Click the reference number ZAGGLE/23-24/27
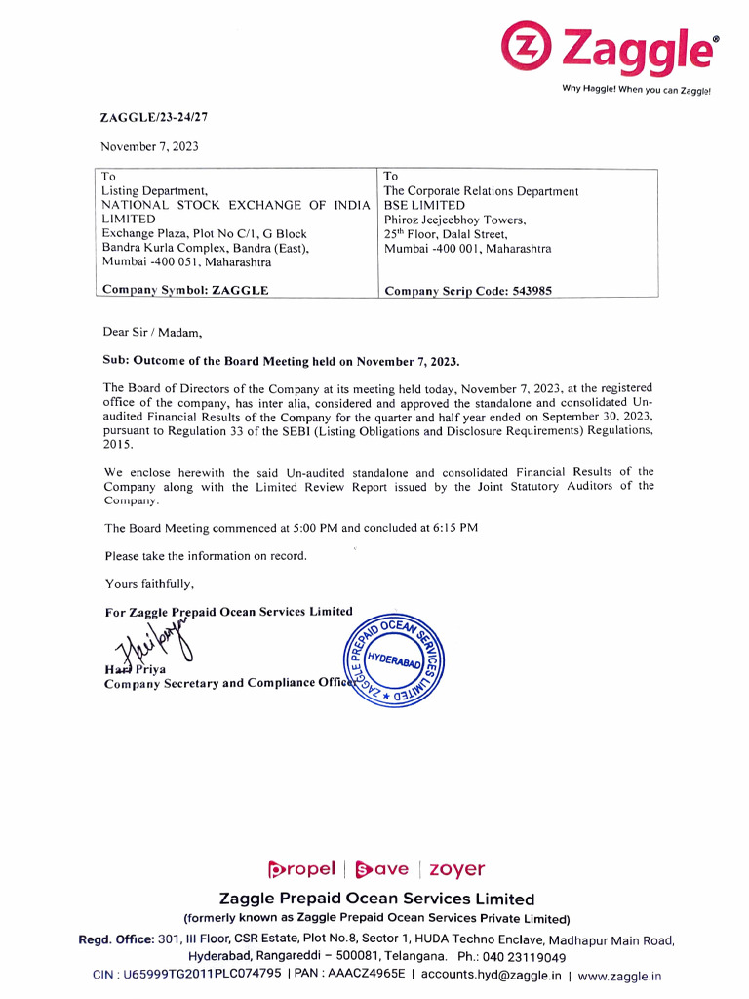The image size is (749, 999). point(154,117)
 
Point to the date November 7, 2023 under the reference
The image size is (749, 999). point(149,146)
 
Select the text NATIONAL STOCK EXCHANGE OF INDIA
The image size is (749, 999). point(237,205)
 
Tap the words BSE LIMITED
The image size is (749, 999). point(424,206)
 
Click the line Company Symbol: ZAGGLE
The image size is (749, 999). point(185,290)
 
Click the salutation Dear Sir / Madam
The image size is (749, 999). point(152,333)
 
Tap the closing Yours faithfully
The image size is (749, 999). point(149,584)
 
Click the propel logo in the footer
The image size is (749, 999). point(300,868)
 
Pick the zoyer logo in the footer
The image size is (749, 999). point(456,868)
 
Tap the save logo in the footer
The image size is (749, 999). point(381,868)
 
